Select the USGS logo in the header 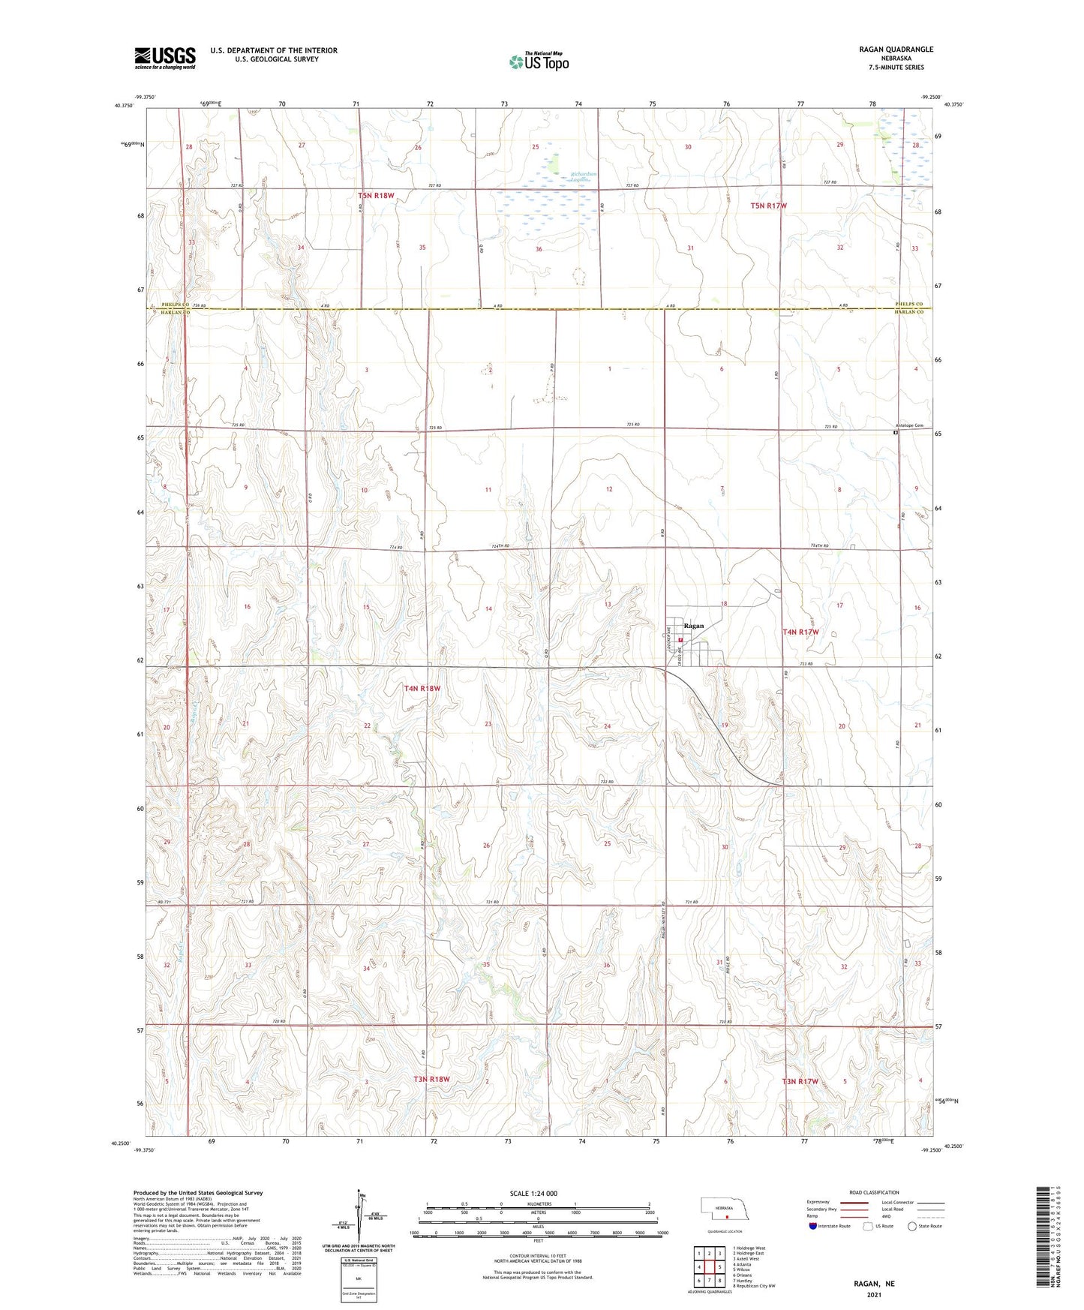(x=165, y=57)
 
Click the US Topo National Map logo (x=538, y=62)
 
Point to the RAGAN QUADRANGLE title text (x=896, y=50)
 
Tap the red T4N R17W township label (x=800, y=632)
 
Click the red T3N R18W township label (x=431, y=1079)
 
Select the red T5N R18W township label (x=376, y=196)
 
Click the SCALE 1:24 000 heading (x=533, y=1194)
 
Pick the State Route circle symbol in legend (x=912, y=1226)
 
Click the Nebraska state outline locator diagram (x=726, y=1212)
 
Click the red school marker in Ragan (x=680, y=640)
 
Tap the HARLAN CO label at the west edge (x=177, y=312)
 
